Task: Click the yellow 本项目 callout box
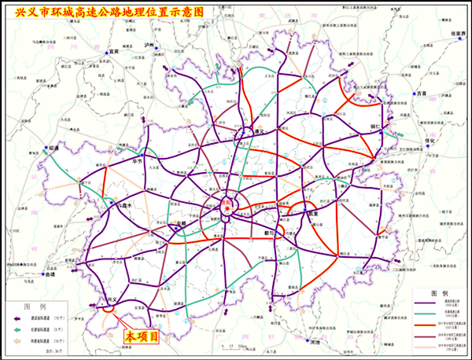(144, 336)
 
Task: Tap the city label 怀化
(430, 141)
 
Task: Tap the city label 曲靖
(52, 276)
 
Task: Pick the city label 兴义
(111, 299)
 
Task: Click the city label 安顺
(183, 222)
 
